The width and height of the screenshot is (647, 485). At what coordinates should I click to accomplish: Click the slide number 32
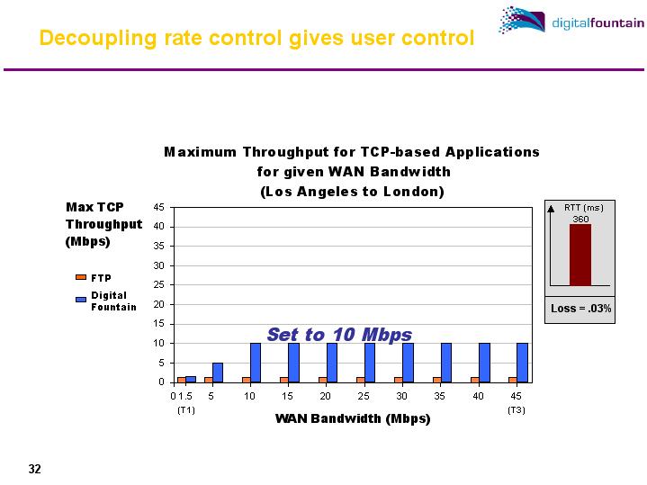tap(35, 469)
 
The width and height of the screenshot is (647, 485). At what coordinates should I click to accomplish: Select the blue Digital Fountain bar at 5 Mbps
tap(218, 372)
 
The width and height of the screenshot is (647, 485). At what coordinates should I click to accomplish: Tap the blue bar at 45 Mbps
tap(522, 362)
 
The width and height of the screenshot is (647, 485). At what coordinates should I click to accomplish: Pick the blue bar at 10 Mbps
tap(256, 362)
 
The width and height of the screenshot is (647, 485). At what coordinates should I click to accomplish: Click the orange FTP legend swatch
tap(80, 277)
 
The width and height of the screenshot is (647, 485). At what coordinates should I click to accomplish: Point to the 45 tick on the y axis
tap(157, 207)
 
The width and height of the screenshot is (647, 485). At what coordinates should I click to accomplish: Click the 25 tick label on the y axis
tap(157, 285)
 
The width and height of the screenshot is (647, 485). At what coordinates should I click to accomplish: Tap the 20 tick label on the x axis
tap(325, 395)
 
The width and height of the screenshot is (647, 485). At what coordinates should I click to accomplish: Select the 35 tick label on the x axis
tap(439, 395)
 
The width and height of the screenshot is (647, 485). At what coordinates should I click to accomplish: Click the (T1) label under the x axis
tap(185, 409)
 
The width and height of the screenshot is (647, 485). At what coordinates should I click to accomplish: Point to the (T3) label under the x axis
tap(516, 409)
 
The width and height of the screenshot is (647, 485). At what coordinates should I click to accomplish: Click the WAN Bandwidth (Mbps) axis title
tap(352, 419)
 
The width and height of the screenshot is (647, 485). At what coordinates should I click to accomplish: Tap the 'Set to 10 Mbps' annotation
tap(339, 335)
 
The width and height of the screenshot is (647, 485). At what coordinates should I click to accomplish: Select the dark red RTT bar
tap(580, 255)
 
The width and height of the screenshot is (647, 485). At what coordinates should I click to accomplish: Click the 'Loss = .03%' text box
tap(581, 309)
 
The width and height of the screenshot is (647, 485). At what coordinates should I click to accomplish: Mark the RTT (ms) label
tap(583, 208)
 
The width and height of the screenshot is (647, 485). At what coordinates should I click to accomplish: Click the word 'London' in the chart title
tap(415, 192)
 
